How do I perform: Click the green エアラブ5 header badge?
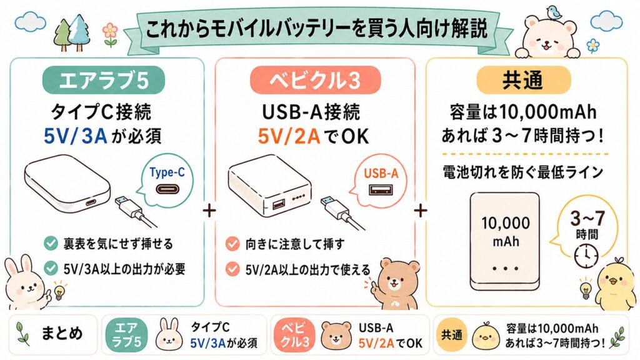click(103, 81)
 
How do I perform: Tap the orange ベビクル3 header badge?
click(315, 81)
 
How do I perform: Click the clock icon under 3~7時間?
click(589, 253)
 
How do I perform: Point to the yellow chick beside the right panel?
click(616, 284)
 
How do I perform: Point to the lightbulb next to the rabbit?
click(60, 292)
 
